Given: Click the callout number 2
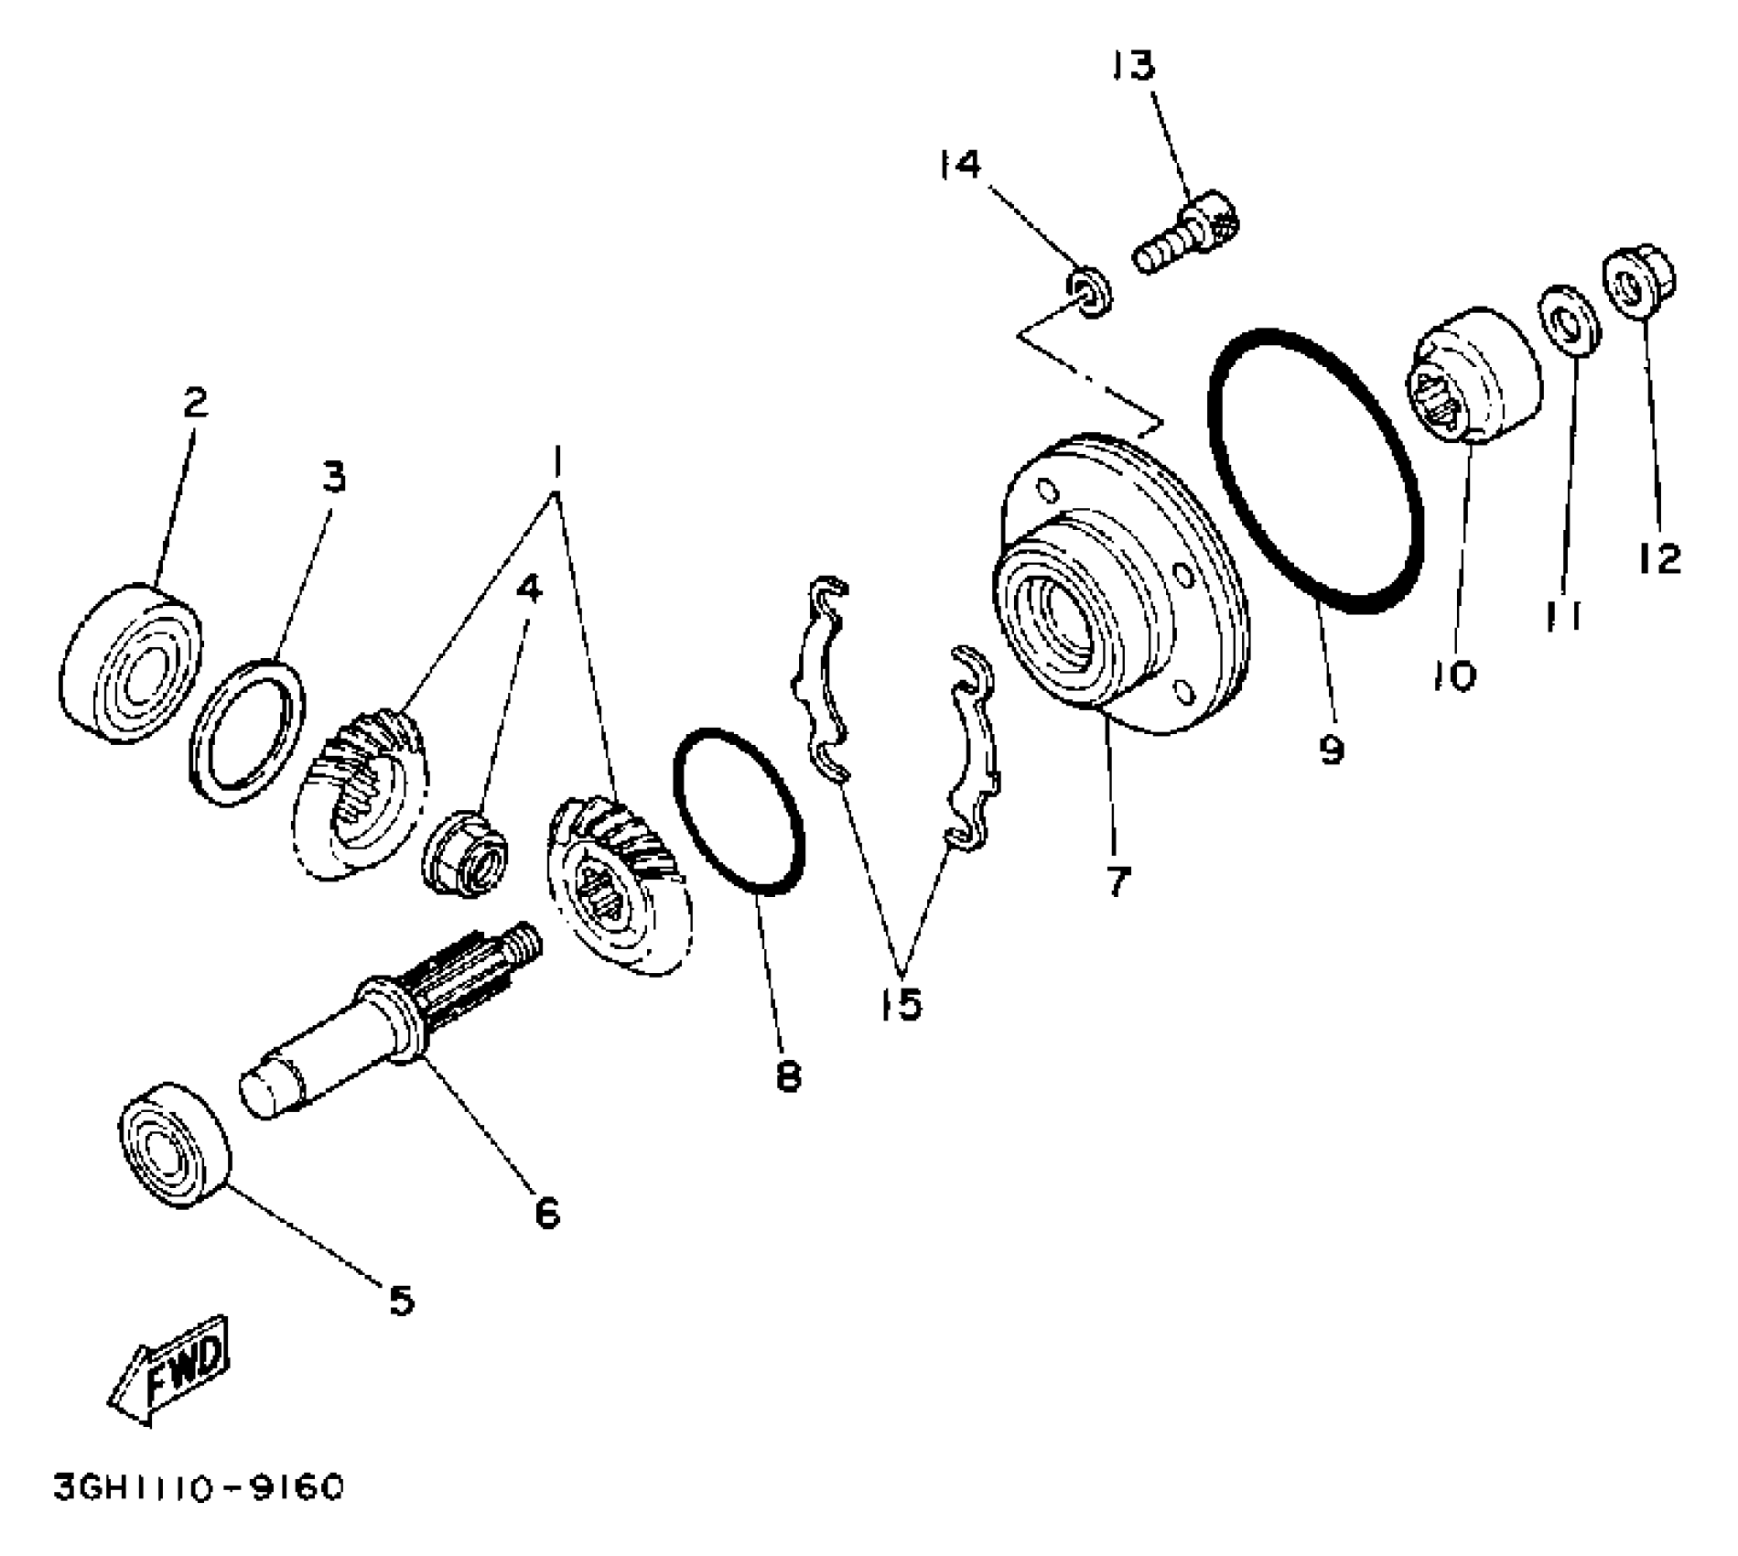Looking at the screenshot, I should point(195,404).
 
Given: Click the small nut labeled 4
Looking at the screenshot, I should point(468,853).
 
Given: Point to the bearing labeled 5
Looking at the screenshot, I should point(174,1146).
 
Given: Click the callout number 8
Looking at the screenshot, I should point(787,1075).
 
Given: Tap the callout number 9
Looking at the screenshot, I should point(1332,750).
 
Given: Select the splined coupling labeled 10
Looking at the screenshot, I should point(1474,375).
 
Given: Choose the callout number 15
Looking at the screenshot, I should point(901,1004).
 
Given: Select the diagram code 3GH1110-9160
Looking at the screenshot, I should point(198,1487).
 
